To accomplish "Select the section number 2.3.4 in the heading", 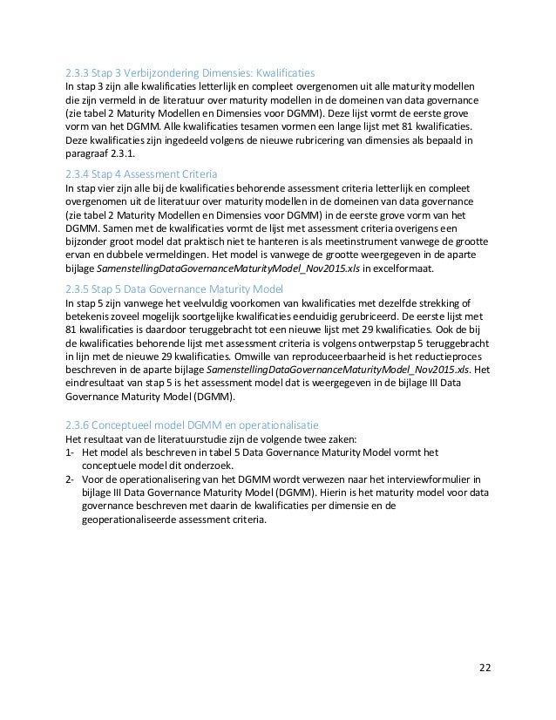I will tap(80, 173).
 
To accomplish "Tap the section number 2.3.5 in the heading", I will tap(80, 289).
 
